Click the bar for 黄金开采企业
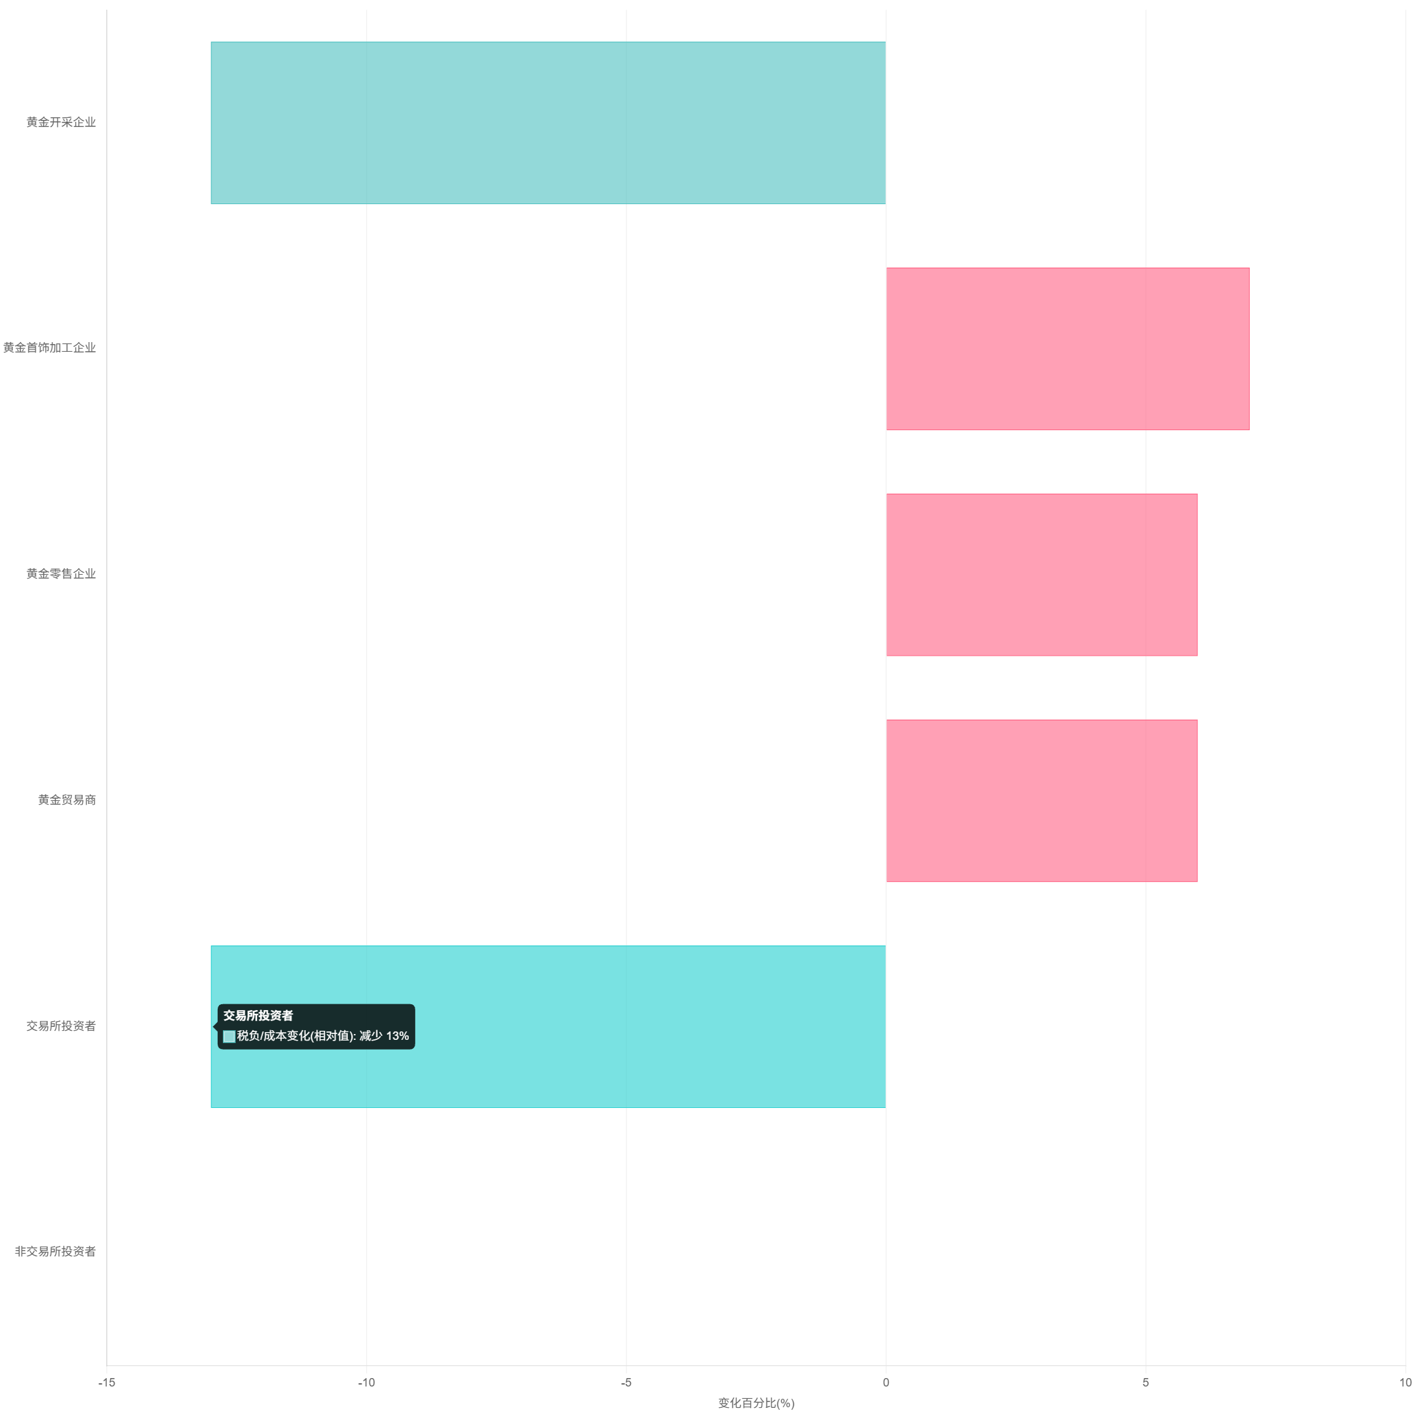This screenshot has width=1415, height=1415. [x=548, y=123]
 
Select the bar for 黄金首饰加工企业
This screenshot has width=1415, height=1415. [x=1067, y=349]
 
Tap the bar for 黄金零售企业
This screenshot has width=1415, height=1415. [x=1041, y=574]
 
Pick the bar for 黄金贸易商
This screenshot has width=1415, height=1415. [x=1041, y=801]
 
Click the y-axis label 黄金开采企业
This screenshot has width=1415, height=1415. [x=62, y=122]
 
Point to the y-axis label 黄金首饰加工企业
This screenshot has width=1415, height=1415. [x=50, y=348]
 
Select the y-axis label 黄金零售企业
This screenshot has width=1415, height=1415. [x=62, y=573]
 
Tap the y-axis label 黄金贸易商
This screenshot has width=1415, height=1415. [x=67, y=800]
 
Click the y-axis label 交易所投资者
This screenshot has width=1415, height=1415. [x=62, y=1026]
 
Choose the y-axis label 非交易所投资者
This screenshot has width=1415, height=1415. [x=56, y=1252]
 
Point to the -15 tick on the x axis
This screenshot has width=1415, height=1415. [x=109, y=1383]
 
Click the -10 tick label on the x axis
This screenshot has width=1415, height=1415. [x=367, y=1383]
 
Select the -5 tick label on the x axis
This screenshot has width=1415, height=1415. [x=627, y=1383]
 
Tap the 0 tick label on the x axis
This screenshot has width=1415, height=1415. [x=886, y=1383]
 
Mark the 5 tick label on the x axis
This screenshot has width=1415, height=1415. [x=1145, y=1383]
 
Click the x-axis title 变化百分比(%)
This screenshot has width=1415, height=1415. [x=756, y=1403]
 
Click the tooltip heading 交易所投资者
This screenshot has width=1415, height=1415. [x=258, y=1015]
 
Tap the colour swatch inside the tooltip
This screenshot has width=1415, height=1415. [x=229, y=1037]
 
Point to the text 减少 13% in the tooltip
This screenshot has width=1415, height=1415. [x=384, y=1035]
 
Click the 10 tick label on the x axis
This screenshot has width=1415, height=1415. [x=1405, y=1383]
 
